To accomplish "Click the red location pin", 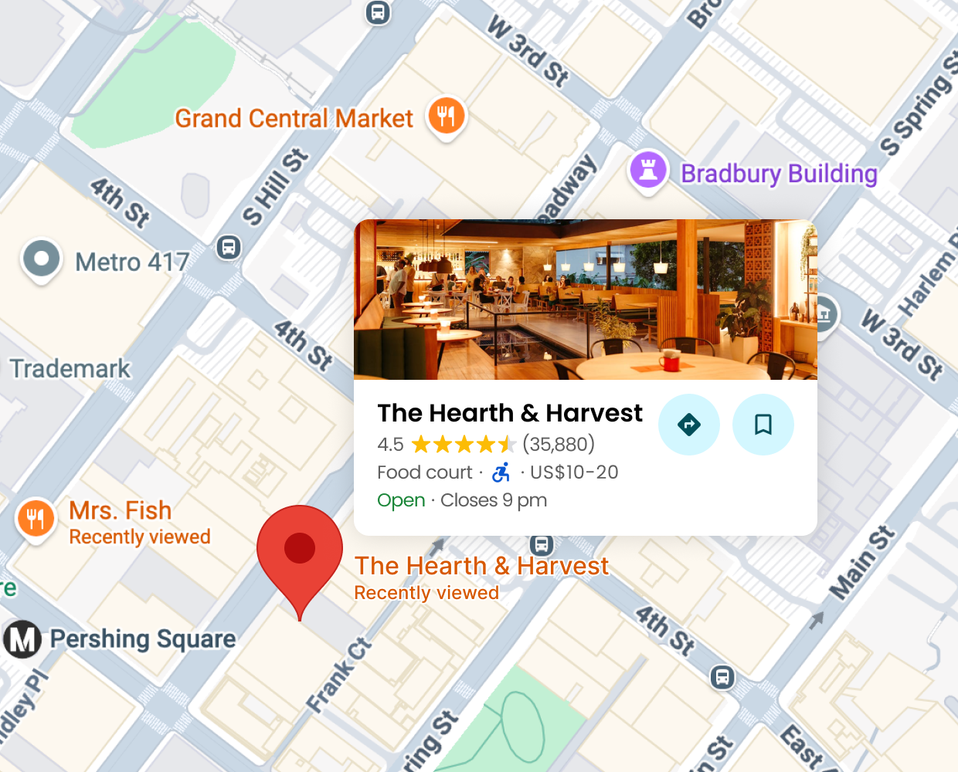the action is click(300, 550).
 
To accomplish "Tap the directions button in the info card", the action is click(688, 425).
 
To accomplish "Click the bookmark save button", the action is click(763, 425).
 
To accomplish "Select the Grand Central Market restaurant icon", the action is click(447, 117).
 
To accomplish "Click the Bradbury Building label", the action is click(779, 174).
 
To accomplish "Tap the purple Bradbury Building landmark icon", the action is click(648, 169).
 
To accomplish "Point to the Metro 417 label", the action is click(132, 262).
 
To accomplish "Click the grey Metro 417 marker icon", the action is click(42, 259).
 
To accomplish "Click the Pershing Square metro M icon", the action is click(22, 639).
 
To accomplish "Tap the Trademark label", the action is click(70, 369).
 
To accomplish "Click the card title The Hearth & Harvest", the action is click(510, 413).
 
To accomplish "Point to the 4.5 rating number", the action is click(390, 445).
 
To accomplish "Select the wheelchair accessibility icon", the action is click(501, 472).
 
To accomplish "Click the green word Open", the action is click(401, 500).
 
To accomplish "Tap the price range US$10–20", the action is click(574, 472).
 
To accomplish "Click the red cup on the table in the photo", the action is click(669, 360).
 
